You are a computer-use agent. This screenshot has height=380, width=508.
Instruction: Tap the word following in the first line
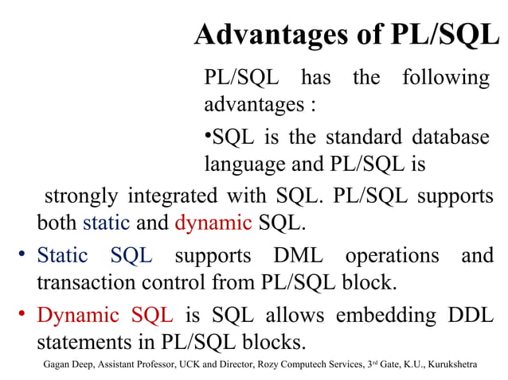point(445,78)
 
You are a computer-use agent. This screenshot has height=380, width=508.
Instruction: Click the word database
point(450,137)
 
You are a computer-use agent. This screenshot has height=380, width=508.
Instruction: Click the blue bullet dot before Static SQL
point(24,255)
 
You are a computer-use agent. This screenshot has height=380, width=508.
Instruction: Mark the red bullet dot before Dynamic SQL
point(24,315)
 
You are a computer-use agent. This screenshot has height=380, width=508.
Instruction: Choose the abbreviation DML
point(299,256)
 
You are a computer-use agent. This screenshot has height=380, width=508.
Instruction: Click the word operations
point(392,256)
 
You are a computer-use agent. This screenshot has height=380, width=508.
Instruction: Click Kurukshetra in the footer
point(453,364)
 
